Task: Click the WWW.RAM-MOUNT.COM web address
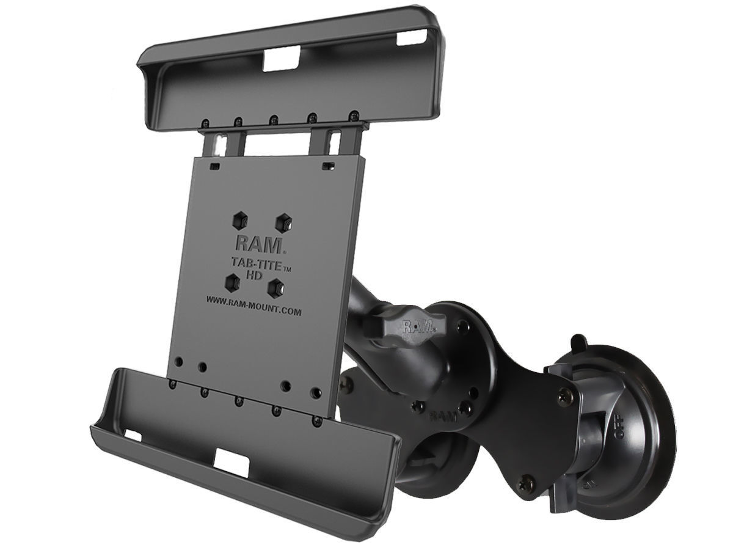[x=253, y=310]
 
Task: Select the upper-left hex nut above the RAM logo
[x=239, y=219]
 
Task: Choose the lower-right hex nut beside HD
[x=278, y=286]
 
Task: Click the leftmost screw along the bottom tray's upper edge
[x=173, y=384]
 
